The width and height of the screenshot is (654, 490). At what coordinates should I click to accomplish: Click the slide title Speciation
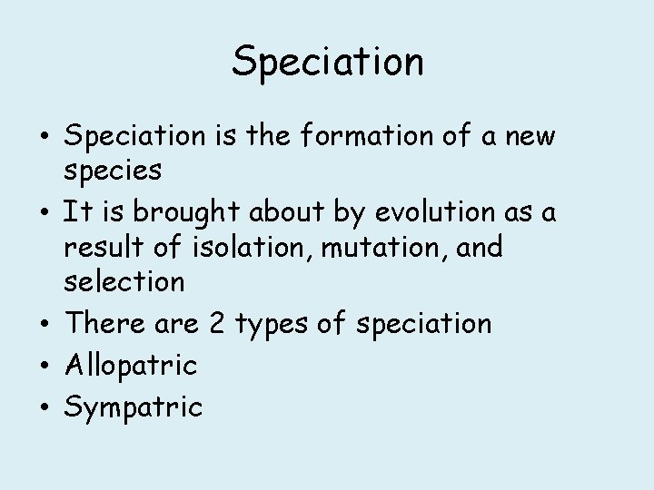click(x=327, y=62)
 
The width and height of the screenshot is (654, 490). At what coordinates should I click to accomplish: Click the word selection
click(x=124, y=281)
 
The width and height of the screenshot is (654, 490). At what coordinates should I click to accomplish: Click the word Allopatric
click(x=130, y=367)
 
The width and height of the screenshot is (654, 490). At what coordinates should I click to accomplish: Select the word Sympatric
click(x=133, y=408)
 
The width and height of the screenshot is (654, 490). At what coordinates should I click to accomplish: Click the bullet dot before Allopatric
click(x=45, y=366)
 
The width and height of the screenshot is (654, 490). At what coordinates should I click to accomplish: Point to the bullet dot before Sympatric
click(x=45, y=407)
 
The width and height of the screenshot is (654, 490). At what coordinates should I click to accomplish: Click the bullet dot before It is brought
click(x=45, y=213)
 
